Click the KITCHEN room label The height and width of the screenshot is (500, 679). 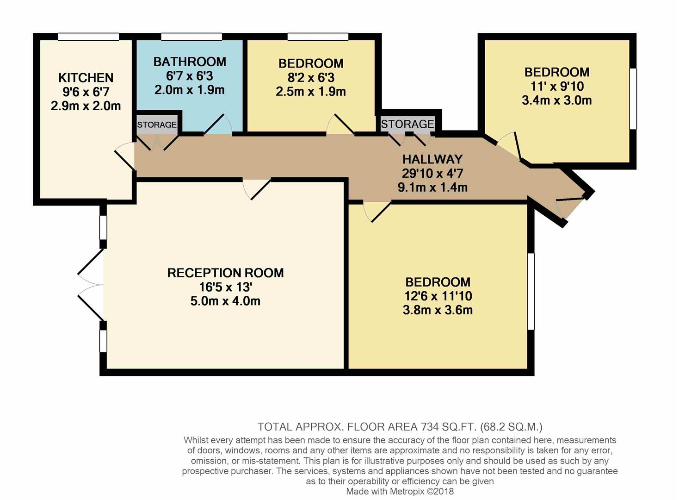coord(86,78)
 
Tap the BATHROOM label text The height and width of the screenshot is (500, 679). coord(190,62)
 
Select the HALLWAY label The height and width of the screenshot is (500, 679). coord(432,159)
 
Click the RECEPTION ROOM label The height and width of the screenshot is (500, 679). coord(225,273)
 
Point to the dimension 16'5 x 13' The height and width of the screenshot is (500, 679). coord(225,287)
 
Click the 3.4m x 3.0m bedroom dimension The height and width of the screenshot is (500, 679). coord(556,100)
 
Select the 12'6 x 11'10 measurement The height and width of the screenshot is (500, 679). coord(438,296)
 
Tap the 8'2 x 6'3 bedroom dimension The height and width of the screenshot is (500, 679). coord(310,77)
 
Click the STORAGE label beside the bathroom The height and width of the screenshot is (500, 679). coord(157,125)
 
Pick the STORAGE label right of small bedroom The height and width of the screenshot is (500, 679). coord(407,124)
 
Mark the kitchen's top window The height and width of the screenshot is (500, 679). coord(88,37)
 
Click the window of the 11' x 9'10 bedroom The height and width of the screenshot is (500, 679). coord(633,99)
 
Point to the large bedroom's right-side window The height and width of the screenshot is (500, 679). coord(531,291)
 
